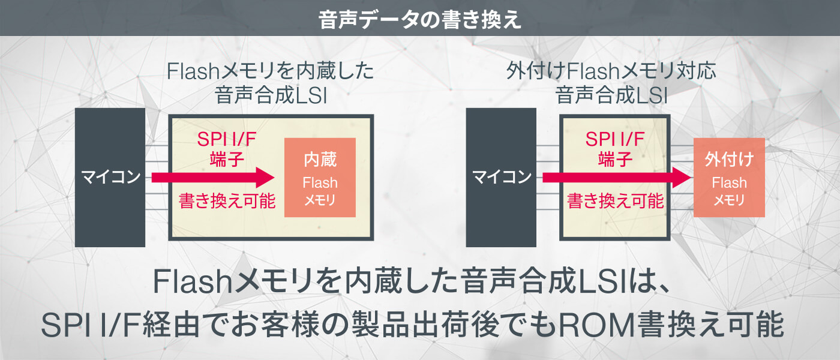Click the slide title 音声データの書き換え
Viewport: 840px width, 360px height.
tap(420, 19)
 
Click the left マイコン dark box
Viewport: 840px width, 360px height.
tap(110, 178)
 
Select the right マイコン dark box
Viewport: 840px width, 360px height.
tap(501, 178)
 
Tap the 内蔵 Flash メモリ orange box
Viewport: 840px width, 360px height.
tap(320, 178)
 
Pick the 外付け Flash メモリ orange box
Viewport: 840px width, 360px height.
tap(729, 178)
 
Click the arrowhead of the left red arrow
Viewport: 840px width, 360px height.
tap(265, 178)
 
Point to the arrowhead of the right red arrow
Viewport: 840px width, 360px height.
tap(680, 178)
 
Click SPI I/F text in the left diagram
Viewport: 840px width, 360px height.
tap(227, 140)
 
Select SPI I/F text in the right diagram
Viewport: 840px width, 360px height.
tap(615, 140)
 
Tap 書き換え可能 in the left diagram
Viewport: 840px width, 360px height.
tap(227, 200)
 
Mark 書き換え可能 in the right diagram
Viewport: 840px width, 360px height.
tap(615, 200)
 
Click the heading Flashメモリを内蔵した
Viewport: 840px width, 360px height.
tap(271, 73)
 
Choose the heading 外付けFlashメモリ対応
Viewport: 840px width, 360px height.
tap(611, 73)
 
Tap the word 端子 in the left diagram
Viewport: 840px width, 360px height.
tap(227, 160)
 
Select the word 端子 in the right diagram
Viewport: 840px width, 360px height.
tap(615, 160)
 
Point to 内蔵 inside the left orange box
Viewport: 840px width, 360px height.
tap(320, 160)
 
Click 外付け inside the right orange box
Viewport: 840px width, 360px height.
tap(729, 160)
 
